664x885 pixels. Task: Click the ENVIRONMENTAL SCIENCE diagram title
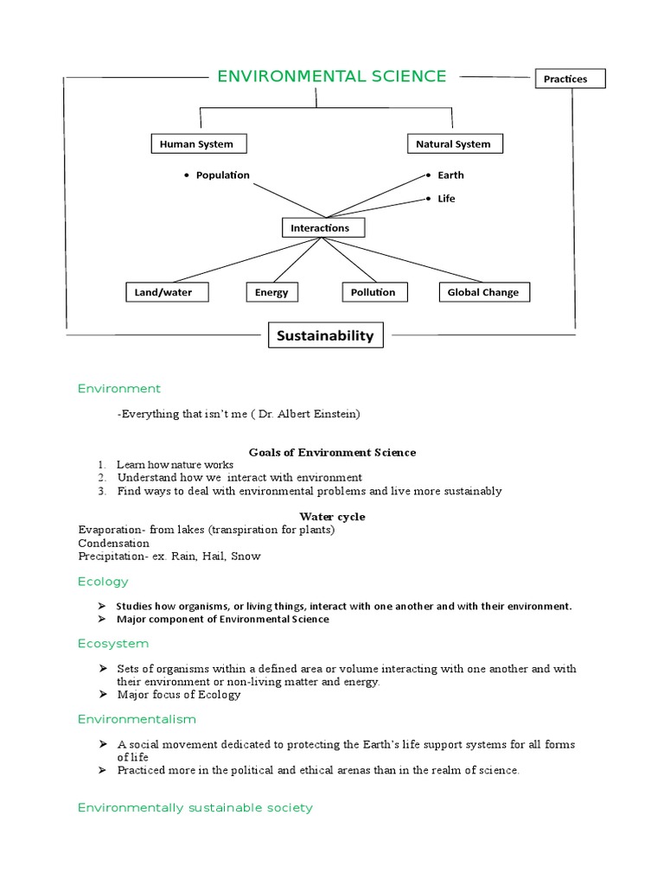[x=331, y=77]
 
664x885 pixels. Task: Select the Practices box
[x=569, y=79]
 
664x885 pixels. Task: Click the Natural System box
[x=453, y=144]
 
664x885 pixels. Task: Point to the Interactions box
[x=322, y=228]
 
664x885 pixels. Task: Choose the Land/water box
[x=163, y=292]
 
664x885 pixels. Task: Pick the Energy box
[x=271, y=293]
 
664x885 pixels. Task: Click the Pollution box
[x=373, y=292]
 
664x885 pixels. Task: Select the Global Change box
[x=483, y=292]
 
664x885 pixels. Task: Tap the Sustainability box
[x=325, y=335]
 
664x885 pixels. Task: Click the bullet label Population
[x=222, y=175]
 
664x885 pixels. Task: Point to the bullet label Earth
[x=450, y=175]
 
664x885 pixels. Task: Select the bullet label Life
[x=446, y=199]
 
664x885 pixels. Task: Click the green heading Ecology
[x=103, y=582]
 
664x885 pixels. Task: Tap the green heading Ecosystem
[x=113, y=644]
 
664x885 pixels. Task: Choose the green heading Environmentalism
[x=137, y=719]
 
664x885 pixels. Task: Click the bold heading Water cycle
[x=332, y=517]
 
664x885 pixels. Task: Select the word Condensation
[x=113, y=544]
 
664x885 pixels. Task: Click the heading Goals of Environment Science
[x=332, y=452]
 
